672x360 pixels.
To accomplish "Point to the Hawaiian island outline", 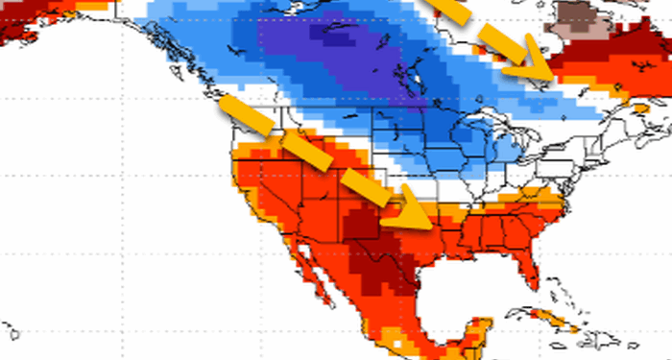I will point(12,331).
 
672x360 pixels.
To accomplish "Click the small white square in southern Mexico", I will point(397,339).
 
